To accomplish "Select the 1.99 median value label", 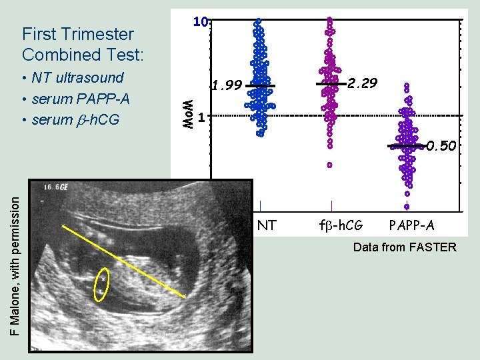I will tap(226, 85).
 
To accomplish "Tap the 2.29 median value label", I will tap(363, 83).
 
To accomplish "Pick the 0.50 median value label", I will tap(441, 145).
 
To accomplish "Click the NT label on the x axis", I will tap(267, 226).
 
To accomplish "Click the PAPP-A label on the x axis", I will tap(411, 226).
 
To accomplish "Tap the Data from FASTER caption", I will tap(405, 248).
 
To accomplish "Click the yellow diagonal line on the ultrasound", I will tap(123, 261).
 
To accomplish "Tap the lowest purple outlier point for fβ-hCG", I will tap(329, 165).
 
